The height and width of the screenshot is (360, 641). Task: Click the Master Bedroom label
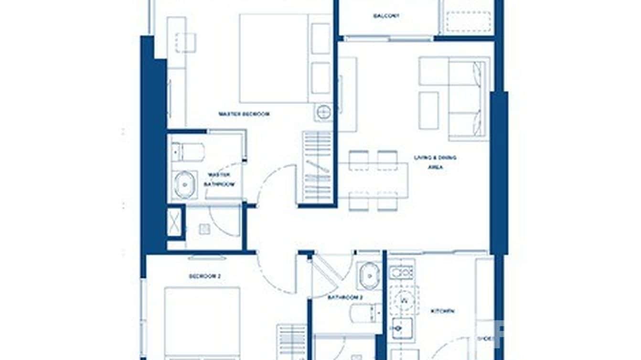(x=244, y=114)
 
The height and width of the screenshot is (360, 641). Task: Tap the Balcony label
(x=386, y=16)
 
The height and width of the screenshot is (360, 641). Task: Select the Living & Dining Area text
(x=435, y=162)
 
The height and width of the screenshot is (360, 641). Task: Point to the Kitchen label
(x=442, y=311)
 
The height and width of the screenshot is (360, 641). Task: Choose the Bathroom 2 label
(x=345, y=297)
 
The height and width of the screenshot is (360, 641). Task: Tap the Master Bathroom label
(x=219, y=179)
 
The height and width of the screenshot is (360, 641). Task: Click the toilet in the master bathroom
(x=188, y=152)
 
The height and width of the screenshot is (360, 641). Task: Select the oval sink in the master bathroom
(x=184, y=184)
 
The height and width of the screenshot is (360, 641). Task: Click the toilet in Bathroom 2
(x=365, y=313)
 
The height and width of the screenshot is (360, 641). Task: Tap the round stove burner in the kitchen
(x=404, y=299)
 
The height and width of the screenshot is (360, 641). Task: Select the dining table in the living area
(x=374, y=180)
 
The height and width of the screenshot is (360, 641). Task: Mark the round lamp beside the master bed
(x=323, y=113)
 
